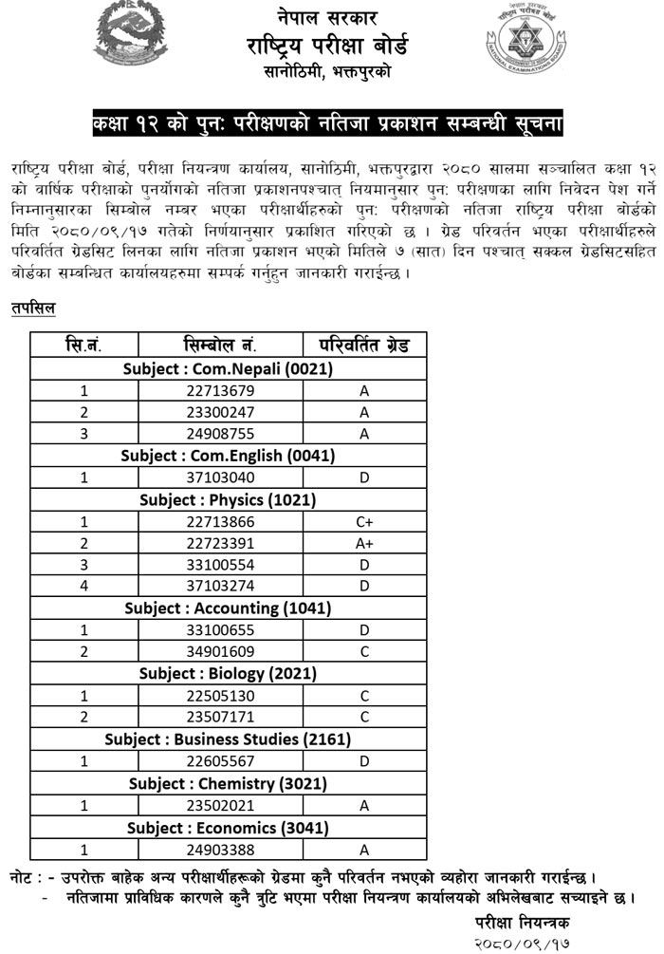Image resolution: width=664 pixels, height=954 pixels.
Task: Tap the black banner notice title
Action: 327,124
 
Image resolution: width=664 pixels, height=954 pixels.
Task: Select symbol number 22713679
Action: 221,389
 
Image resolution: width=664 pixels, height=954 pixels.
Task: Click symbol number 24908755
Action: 221,433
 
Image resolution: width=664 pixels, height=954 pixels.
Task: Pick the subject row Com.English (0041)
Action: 229,455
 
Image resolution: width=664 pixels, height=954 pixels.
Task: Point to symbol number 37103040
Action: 221,477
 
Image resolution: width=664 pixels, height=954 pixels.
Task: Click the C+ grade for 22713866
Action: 363,521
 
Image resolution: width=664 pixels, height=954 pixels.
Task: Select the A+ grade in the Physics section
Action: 363,543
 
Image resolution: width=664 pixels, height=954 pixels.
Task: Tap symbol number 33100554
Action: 221,564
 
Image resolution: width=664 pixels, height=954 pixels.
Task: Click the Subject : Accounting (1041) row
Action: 229,608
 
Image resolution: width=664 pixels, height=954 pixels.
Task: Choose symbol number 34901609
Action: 221,651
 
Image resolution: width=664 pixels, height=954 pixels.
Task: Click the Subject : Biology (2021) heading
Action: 229,673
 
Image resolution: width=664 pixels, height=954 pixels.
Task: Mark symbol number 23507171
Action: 221,717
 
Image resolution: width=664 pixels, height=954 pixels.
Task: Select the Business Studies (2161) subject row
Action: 229,739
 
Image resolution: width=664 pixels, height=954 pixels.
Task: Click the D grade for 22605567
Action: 363,760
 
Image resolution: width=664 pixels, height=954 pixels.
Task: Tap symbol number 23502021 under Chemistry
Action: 221,805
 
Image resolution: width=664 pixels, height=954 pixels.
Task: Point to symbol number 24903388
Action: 221,849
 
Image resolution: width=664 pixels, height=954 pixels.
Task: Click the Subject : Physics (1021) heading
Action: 229,499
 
